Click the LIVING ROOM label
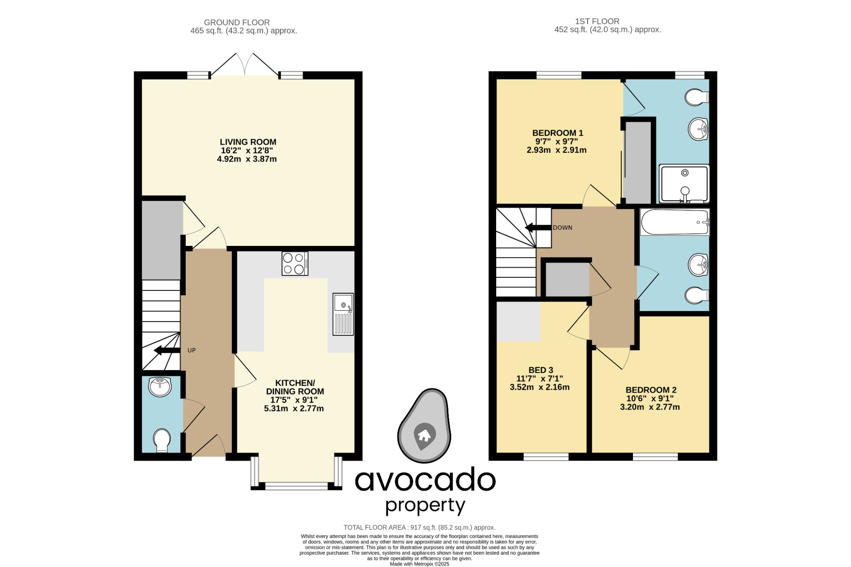click(248, 142)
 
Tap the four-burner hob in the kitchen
click(295, 264)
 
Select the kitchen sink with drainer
click(343, 314)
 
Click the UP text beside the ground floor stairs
click(191, 351)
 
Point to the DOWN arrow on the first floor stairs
click(537, 228)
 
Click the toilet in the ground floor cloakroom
click(162, 440)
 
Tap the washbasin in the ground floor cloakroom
click(160, 387)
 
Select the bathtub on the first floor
click(674, 222)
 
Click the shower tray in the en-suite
click(684, 184)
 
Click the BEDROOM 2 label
click(651, 390)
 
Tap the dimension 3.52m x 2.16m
click(539, 387)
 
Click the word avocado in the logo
click(425, 480)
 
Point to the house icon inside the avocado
click(424, 435)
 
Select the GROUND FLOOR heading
click(236, 22)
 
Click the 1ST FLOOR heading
click(597, 21)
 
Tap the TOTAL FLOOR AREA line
click(419, 528)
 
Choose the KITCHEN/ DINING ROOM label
click(295, 387)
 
